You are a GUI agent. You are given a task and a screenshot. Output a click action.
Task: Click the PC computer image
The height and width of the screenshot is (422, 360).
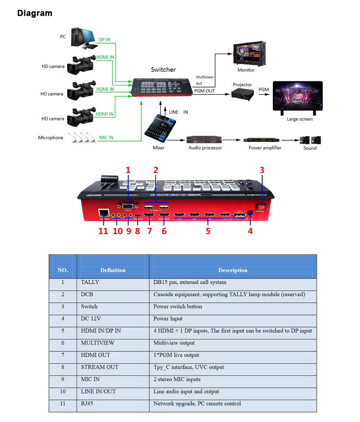pyautogui.click(x=84, y=38)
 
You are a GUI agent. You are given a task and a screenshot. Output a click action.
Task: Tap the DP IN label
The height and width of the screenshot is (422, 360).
pyautogui.click(x=104, y=39)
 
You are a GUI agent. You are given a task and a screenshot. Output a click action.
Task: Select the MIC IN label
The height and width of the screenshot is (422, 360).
pyautogui.click(x=106, y=138)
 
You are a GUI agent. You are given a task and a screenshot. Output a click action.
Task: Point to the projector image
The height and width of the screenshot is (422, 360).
pyautogui.click(x=242, y=94)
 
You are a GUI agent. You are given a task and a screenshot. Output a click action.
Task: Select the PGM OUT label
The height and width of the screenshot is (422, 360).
pyautogui.click(x=204, y=91)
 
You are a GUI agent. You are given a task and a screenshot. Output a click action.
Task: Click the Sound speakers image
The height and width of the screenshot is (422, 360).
pyautogui.click(x=310, y=140)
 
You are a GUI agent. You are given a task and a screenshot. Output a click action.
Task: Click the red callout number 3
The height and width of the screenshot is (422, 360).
pyautogui.click(x=262, y=170)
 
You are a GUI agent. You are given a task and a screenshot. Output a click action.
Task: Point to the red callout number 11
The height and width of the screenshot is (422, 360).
pyautogui.click(x=103, y=231)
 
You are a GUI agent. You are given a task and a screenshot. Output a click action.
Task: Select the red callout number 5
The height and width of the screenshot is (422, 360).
pyautogui.click(x=208, y=231)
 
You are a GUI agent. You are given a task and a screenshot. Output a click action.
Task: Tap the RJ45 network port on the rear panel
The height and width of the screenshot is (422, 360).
pyautogui.click(x=104, y=212)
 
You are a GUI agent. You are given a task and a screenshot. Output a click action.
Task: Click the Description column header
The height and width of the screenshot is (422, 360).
pyautogui.click(x=233, y=270)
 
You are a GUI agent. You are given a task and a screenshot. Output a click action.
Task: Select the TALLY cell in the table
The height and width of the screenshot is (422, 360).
pyautogui.click(x=90, y=282)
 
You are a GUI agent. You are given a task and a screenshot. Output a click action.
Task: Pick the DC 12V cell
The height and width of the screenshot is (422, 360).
pyautogui.click(x=91, y=319)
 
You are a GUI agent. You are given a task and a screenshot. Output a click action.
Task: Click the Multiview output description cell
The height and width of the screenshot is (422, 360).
pyautogui.click(x=174, y=343)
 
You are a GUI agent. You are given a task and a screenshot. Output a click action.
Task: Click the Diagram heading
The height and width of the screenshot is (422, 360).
pyautogui.click(x=35, y=13)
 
